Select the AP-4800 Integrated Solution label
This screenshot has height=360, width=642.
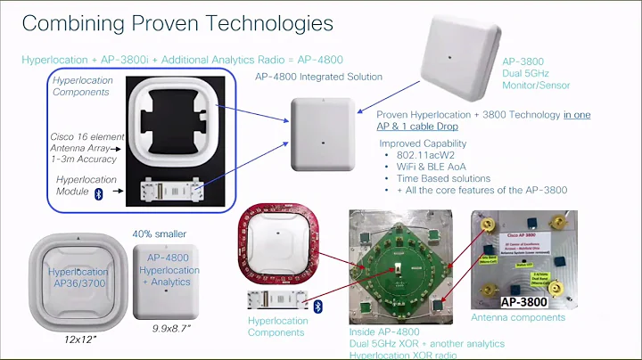[318, 77]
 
